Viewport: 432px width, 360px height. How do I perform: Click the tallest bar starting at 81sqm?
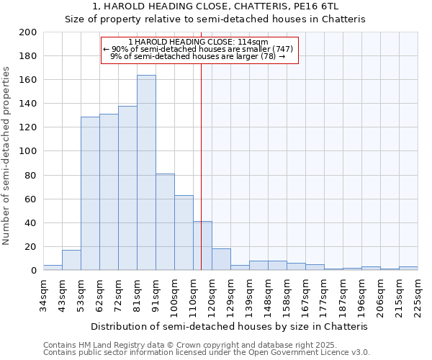[x=146, y=173]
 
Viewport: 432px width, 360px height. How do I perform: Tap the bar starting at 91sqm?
[x=165, y=222]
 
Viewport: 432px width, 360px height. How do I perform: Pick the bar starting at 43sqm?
[x=71, y=260]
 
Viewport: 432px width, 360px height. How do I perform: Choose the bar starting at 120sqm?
[x=221, y=259]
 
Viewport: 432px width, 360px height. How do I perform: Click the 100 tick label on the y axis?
[x=28, y=151]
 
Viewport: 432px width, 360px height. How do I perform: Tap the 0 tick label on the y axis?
[x=34, y=271]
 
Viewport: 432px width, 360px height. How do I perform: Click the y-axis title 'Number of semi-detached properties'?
[x=7, y=156]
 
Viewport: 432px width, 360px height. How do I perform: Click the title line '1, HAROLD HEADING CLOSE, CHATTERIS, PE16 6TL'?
[x=215, y=7]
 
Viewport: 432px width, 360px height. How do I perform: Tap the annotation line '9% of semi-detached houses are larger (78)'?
[x=198, y=56]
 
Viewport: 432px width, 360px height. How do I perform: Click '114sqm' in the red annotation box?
[x=253, y=42]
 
